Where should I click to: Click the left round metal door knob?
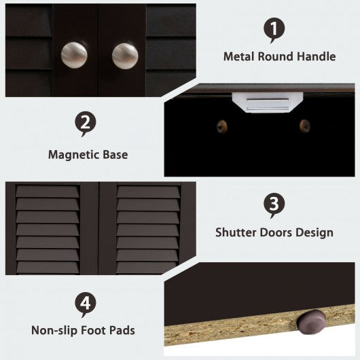(x=74, y=55)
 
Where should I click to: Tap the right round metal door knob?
(x=125, y=56)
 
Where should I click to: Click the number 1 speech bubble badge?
(x=274, y=30)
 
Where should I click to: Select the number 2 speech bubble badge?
(x=86, y=124)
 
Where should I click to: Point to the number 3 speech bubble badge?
(x=274, y=205)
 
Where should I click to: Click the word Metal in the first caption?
(x=239, y=56)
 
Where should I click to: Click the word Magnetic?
(x=73, y=155)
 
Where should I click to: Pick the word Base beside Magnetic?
(x=115, y=154)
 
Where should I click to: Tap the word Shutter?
(x=236, y=232)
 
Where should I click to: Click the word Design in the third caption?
(x=314, y=232)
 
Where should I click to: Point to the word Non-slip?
(x=54, y=331)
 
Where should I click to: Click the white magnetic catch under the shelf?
(x=268, y=103)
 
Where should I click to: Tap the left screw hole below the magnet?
(x=222, y=126)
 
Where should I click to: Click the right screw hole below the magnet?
(x=305, y=126)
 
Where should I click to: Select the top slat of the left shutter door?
(x=48, y=192)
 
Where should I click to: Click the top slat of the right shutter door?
(x=148, y=192)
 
